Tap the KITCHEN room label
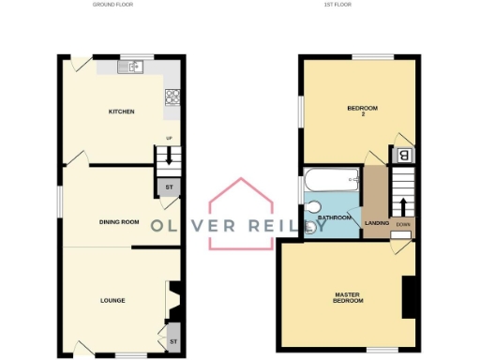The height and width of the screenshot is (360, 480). (122, 112)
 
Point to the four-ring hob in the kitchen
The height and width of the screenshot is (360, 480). (172, 96)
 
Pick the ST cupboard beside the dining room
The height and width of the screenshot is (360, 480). (169, 187)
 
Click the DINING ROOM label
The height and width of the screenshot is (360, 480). (119, 222)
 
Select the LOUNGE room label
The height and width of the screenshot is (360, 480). (113, 300)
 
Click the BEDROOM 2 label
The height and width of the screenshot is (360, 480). (362, 112)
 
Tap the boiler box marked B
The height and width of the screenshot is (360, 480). (404, 156)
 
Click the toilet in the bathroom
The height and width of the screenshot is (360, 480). (314, 206)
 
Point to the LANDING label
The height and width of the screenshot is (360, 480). (378, 223)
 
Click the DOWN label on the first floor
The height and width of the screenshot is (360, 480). (403, 224)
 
